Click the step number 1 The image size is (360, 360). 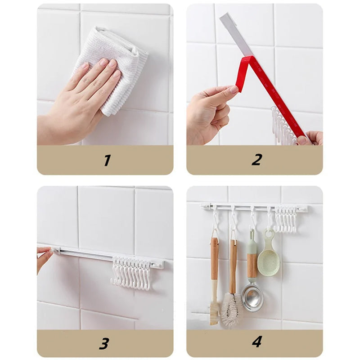coord(107,160)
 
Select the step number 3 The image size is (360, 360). coord(104,343)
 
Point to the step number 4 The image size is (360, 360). coord(256,342)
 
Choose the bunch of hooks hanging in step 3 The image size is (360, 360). coord(131,272)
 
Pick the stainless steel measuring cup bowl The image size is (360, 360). coord(252,297)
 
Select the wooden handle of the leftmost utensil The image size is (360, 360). coord(215,261)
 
